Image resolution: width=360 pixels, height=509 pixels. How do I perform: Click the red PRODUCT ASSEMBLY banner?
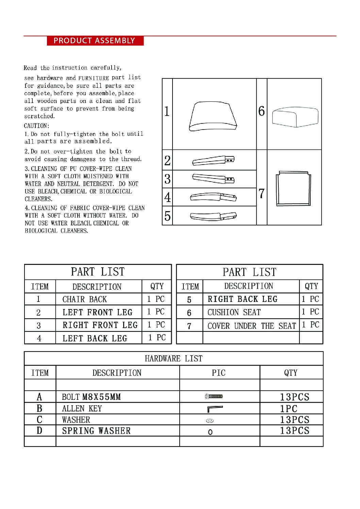[95, 41]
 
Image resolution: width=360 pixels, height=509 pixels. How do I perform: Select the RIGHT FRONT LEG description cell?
[100, 325]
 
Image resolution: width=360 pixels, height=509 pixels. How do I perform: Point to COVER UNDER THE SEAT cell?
[251, 326]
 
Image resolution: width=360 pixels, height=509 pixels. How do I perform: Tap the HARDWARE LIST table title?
[174, 358]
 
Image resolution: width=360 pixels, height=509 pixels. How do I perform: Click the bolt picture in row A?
[214, 396]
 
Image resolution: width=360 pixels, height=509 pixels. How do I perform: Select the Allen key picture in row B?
[214, 408]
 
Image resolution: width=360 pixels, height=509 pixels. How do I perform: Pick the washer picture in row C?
[210, 421]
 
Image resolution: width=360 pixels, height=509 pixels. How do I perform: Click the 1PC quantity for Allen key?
[289, 408]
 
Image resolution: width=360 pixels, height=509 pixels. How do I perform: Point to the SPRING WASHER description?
[96, 431]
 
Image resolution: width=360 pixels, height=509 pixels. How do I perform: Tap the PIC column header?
[218, 373]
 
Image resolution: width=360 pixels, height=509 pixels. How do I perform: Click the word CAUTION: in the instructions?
[37, 126]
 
